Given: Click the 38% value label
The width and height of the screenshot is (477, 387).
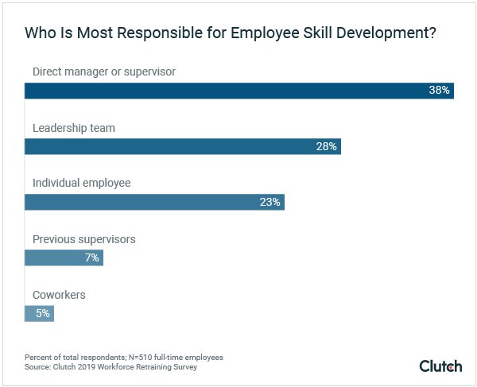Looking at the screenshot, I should tap(439, 91).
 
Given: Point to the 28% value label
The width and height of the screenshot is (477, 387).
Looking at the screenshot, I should tap(327, 146).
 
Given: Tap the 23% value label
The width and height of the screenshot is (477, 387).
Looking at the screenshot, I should tap(270, 202).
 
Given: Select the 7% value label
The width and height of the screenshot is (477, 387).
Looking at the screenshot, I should tap(91, 257).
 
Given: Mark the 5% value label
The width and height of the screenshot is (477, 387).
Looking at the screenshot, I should tap(42, 313).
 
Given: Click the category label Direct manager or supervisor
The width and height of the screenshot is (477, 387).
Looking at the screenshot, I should tap(103, 72).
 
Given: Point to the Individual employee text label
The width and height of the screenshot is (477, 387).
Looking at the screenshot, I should tap(81, 183).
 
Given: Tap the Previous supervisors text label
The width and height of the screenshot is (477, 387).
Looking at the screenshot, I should tap(83, 238).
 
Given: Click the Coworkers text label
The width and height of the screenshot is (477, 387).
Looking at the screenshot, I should tap(59, 295).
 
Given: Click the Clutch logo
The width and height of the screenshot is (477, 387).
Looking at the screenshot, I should tap(440, 366).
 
